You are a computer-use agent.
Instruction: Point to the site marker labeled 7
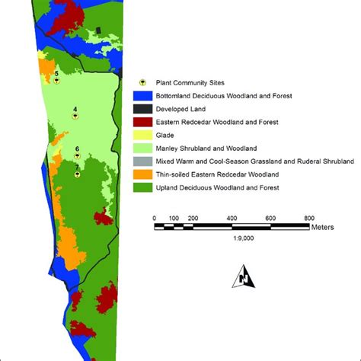point(78,174)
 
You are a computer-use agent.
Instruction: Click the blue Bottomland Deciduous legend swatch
point(142,97)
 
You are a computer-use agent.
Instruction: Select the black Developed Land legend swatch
point(142,110)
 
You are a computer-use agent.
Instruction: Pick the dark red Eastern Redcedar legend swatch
point(142,122)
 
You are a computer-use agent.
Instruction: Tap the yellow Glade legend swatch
point(142,135)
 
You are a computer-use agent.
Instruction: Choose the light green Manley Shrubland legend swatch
point(142,148)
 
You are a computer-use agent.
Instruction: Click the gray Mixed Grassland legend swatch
point(142,161)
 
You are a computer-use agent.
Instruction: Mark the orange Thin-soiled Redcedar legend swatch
point(142,174)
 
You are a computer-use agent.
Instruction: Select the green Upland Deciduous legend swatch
point(142,187)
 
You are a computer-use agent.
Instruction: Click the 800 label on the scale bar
point(309,219)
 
